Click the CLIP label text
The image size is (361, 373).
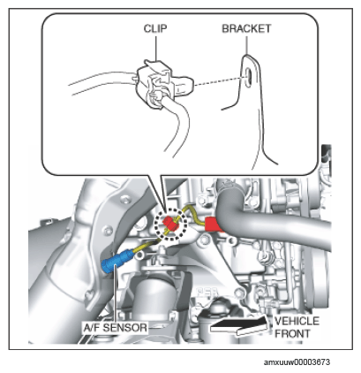pos(155,28)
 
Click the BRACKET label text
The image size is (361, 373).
pos(246,28)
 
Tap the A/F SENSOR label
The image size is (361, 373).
pos(115,328)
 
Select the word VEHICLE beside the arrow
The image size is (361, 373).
pos(297,321)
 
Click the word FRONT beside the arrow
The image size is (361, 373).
pos(292,334)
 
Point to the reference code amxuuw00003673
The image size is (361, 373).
pos(297,362)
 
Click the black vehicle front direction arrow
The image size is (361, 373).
pos(239,325)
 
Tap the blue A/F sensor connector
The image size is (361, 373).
pos(117,262)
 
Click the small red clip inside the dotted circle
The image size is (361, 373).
pos(170,223)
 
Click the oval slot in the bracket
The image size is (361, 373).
pos(248,76)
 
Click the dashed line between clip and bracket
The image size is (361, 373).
pos(219,81)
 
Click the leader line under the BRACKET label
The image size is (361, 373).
pos(246,45)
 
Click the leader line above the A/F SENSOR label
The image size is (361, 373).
pos(116,294)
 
